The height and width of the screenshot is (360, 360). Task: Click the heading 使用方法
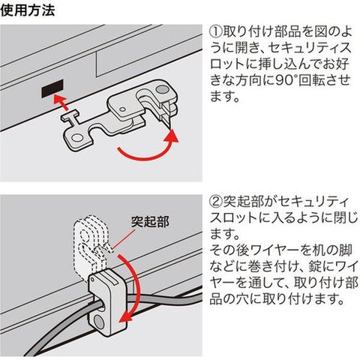[27, 10]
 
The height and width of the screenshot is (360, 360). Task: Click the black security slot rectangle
[52, 88]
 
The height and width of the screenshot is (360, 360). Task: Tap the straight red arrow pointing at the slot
[61, 103]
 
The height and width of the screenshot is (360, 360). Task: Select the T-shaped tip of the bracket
[70, 116]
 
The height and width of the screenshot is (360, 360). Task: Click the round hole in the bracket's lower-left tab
[77, 138]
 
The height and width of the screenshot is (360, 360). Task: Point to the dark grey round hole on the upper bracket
[162, 89]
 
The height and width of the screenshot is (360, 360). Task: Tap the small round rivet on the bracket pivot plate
[122, 109]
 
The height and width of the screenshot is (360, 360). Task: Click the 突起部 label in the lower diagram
[150, 221]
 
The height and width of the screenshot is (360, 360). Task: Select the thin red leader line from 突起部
[126, 237]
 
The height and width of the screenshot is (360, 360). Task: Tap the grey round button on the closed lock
[100, 322]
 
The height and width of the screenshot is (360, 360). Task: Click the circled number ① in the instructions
[216, 31]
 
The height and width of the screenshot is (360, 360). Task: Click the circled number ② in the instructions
[216, 202]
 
